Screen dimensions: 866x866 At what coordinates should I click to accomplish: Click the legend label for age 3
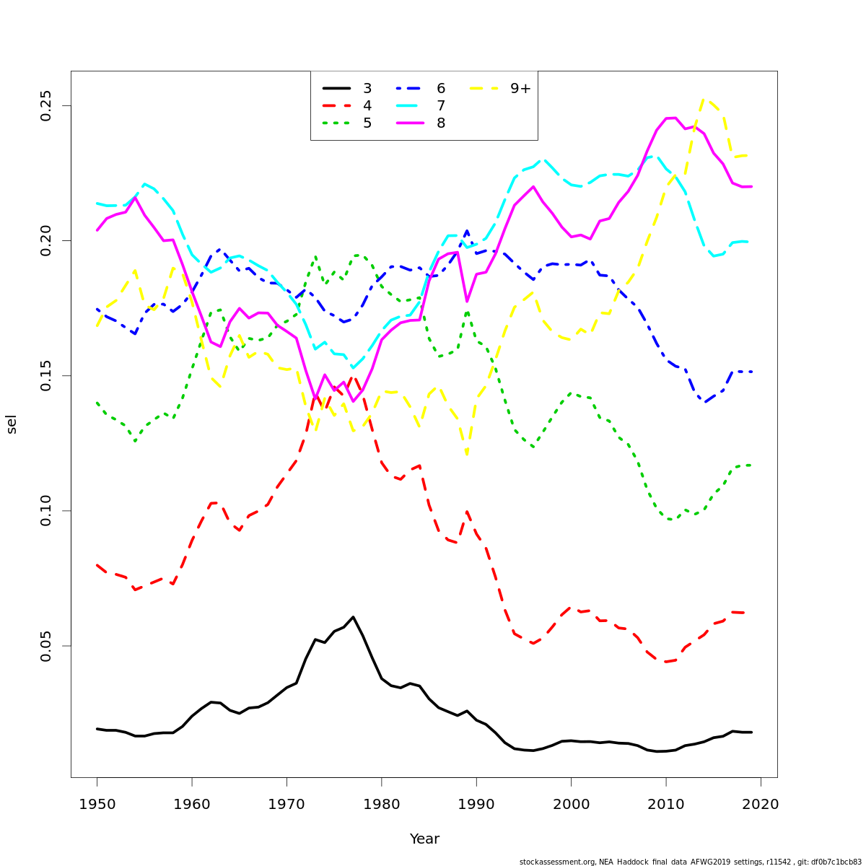(x=367, y=89)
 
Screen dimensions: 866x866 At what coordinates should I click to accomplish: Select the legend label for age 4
(x=367, y=106)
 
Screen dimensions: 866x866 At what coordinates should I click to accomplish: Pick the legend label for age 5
(x=367, y=123)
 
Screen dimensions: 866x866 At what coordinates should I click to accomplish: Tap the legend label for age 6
(x=441, y=89)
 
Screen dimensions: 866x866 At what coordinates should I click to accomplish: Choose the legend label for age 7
(x=441, y=106)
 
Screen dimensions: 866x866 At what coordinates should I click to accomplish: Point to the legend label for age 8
(x=441, y=123)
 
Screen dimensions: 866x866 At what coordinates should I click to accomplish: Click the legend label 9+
(x=520, y=89)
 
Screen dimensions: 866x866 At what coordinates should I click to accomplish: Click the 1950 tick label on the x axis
(x=97, y=804)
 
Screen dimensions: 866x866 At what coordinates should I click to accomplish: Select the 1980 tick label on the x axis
(x=382, y=804)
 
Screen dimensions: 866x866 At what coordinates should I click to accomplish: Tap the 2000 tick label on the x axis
(x=571, y=804)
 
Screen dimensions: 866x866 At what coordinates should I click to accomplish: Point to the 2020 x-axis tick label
(x=761, y=804)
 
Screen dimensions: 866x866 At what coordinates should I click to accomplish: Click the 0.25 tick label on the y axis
(x=46, y=106)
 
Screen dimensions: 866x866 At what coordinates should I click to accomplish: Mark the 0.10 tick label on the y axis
(x=46, y=511)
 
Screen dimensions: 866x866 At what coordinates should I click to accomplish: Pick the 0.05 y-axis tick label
(x=46, y=646)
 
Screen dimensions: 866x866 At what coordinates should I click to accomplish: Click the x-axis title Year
(x=424, y=839)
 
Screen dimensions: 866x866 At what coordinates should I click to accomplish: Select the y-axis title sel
(x=12, y=424)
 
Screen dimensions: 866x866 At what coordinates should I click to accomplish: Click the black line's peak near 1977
(x=353, y=617)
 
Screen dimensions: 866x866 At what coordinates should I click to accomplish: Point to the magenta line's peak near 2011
(x=671, y=118)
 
